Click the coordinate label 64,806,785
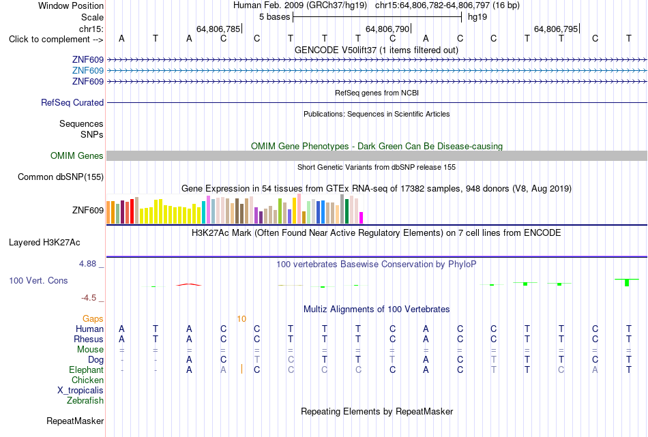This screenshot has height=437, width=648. click(x=218, y=29)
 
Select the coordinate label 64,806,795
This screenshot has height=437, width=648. click(x=555, y=29)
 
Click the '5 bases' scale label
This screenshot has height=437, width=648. click(x=274, y=17)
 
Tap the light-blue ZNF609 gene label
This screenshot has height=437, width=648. click(x=87, y=71)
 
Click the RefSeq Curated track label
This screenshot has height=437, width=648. click(x=72, y=102)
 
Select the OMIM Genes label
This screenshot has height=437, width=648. click(x=77, y=155)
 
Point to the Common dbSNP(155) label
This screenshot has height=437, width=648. click(x=61, y=177)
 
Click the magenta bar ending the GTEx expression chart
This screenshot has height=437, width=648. click(x=361, y=217)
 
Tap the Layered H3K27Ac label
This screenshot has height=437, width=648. click(x=44, y=243)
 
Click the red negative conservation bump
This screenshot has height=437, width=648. click(x=189, y=284)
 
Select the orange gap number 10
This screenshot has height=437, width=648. click(x=241, y=319)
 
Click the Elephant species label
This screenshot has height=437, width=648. click(x=86, y=370)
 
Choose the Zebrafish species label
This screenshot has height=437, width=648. click(x=85, y=400)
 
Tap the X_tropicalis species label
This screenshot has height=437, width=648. click(x=80, y=391)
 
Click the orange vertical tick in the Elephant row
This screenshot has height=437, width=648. click(x=241, y=370)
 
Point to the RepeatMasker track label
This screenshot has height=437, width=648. click(x=75, y=421)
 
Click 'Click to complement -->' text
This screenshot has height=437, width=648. click(x=56, y=40)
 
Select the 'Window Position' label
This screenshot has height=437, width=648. click(x=71, y=5)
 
